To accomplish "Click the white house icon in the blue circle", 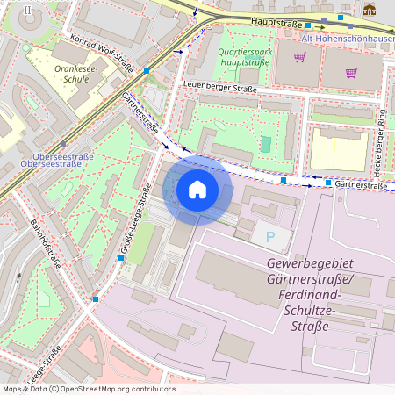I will (x=197, y=189).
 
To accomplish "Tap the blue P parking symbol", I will (x=270, y=235).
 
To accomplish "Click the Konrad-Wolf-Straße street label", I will (x=101, y=53).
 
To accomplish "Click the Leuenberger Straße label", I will (x=219, y=88).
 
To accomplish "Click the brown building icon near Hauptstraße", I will (x=370, y=11).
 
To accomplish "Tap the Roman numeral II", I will (x=28, y=11).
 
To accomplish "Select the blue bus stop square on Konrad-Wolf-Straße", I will (x=147, y=70).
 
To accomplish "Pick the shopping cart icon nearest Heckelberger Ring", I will (x=351, y=74).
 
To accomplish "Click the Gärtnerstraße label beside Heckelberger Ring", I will (x=361, y=185).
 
